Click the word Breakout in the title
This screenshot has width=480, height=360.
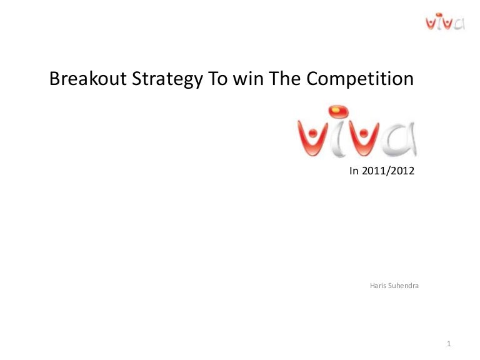pyautogui.click(x=88, y=78)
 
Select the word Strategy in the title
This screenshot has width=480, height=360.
pyautogui.click(x=167, y=79)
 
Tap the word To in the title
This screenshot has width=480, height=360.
pyautogui.click(x=218, y=78)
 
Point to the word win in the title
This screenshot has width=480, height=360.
pyautogui.click(x=249, y=79)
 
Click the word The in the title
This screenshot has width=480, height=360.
pyautogui.click(x=285, y=78)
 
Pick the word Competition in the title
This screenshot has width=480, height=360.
pyautogui.click(x=360, y=79)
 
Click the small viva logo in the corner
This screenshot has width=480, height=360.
pyautogui.click(x=445, y=21)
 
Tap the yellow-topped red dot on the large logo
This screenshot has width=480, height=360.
pyautogui.click(x=337, y=111)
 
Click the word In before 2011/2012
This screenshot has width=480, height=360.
pyautogui.click(x=354, y=171)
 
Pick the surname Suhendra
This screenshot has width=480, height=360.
pyautogui.click(x=404, y=286)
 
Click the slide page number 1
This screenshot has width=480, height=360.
pyautogui.click(x=449, y=344)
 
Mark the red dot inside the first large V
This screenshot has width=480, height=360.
pyautogui.click(x=312, y=133)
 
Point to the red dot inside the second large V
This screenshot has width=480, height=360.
pyautogui.click(x=363, y=133)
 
